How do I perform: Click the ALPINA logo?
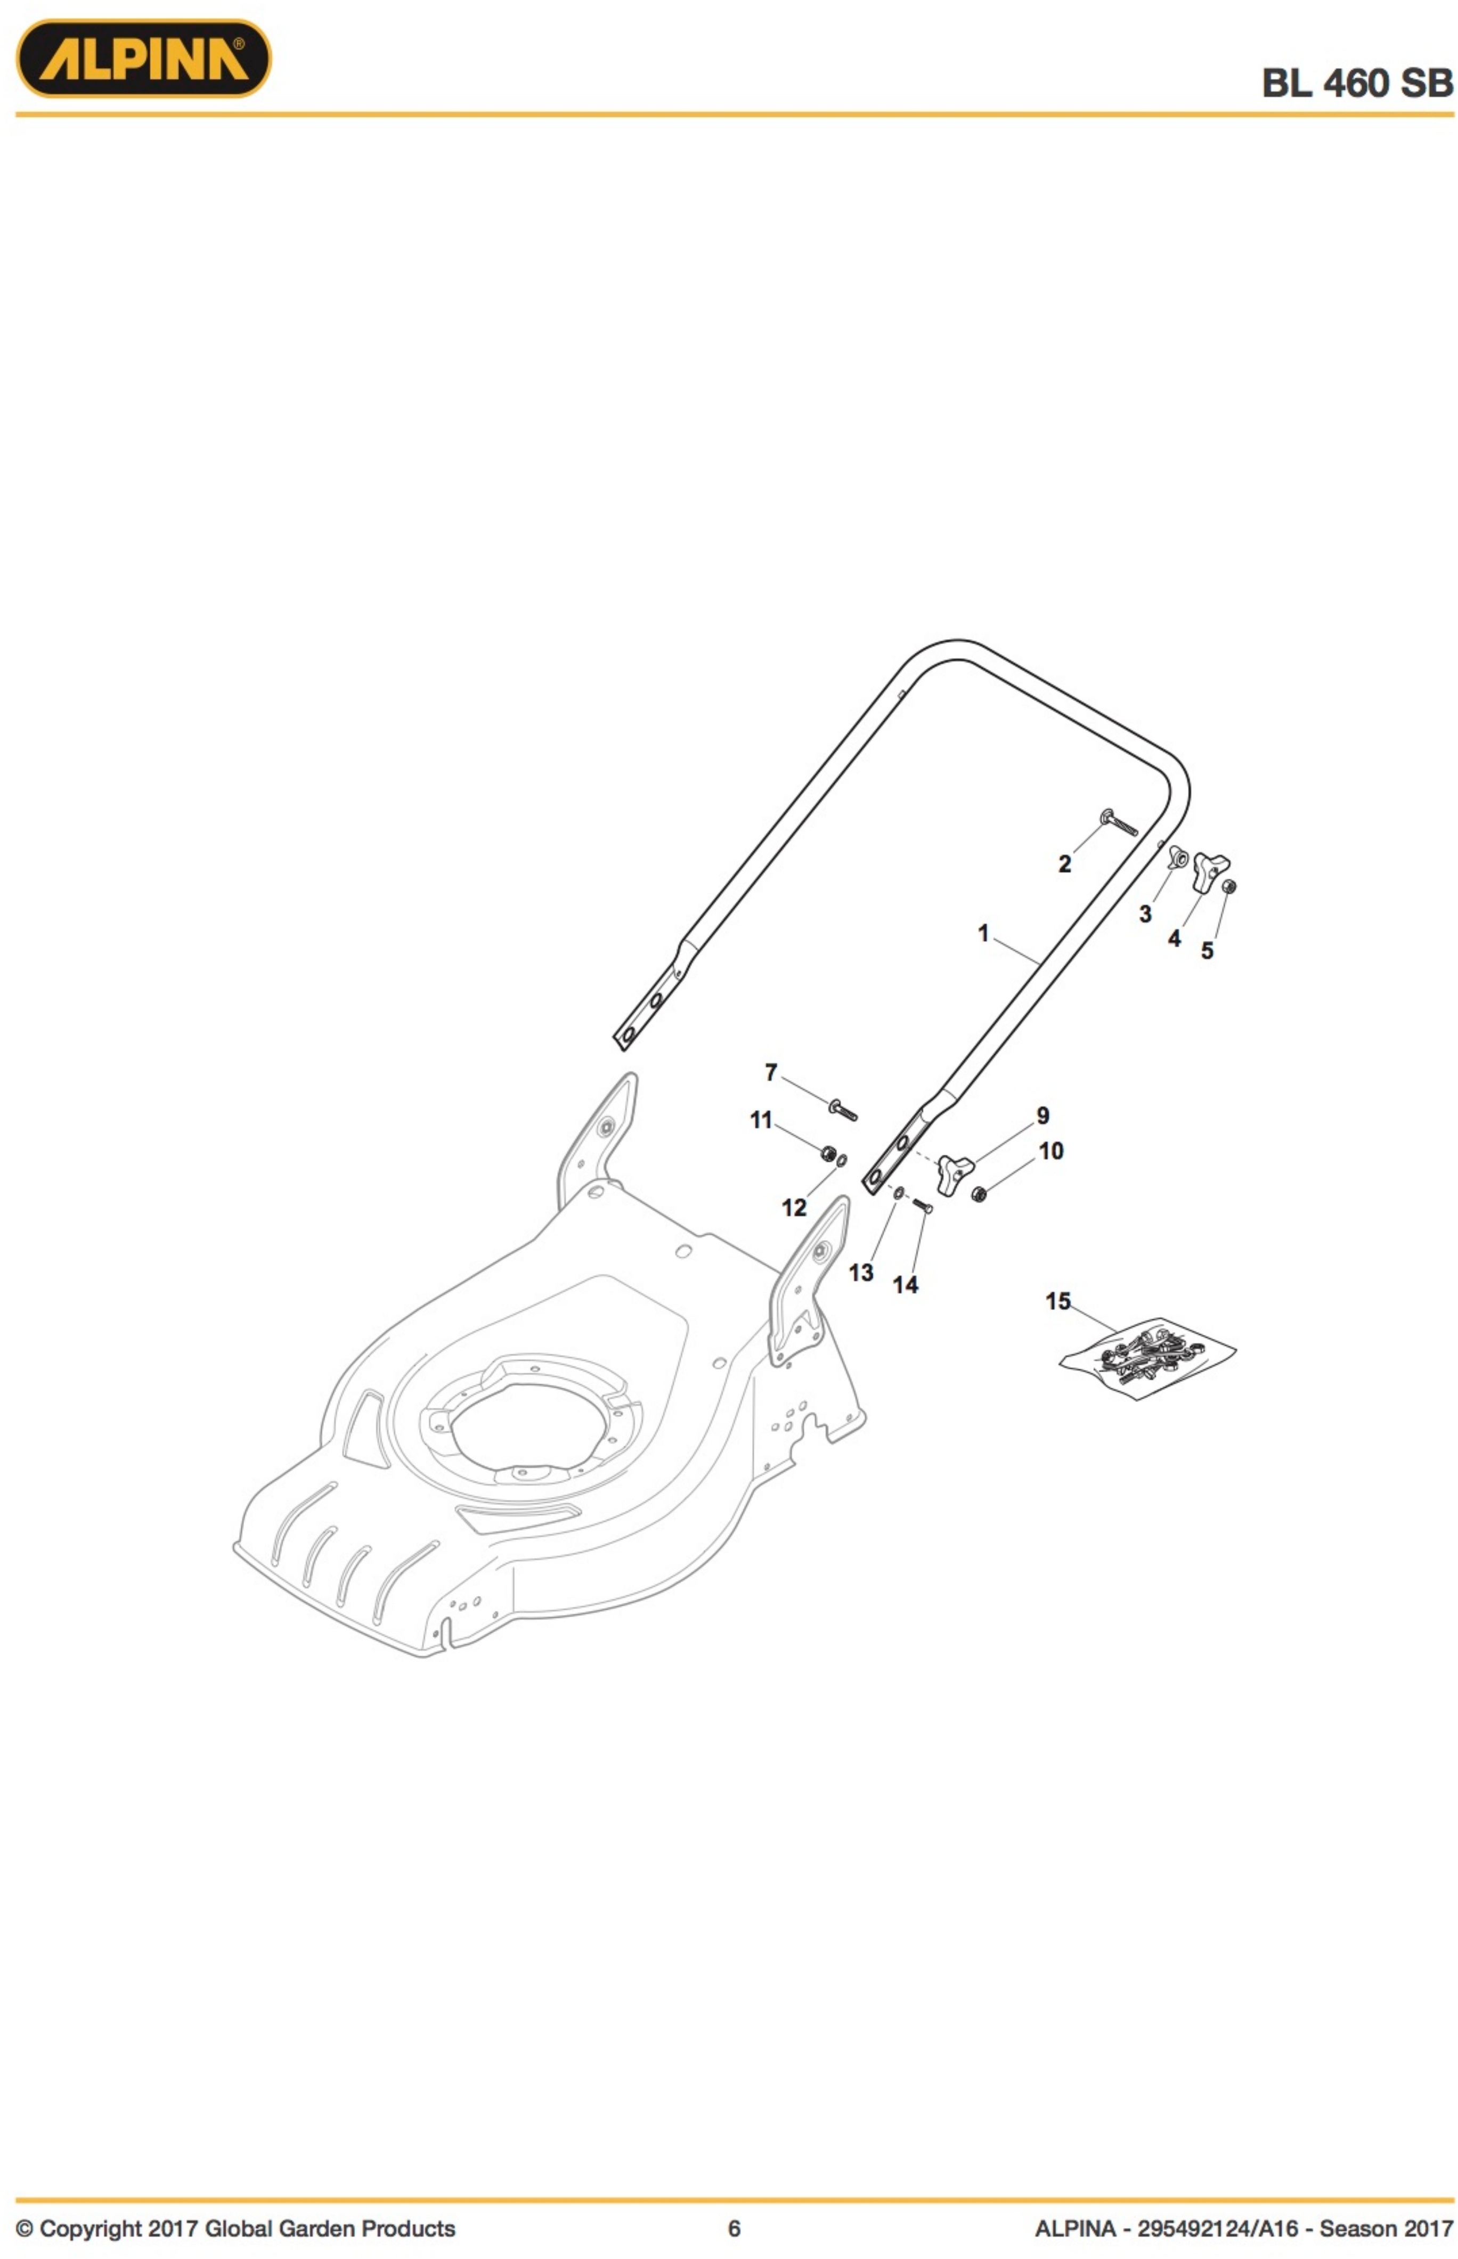coord(144,59)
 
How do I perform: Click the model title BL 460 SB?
coord(1357,83)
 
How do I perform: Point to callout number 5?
coord(1207,950)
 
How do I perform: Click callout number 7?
coord(771,1072)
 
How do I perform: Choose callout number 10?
coord(1051,1151)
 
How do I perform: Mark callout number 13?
coord(861,1273)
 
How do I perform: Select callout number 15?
coord(1057,1301)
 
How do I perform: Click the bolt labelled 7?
coord(843,1109)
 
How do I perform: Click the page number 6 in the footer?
coord(734,2229)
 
